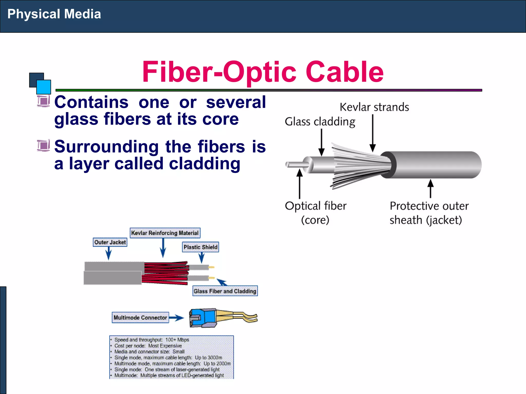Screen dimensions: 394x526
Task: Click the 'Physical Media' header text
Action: (54, 14)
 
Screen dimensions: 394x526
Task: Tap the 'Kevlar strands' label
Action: (374, 107)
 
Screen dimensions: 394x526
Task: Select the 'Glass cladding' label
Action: (320, 122)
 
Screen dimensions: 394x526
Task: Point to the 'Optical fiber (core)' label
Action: (315, 213)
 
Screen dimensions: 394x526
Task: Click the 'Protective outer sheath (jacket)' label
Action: (429, 213)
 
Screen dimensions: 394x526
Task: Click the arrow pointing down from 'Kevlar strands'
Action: (373, 133)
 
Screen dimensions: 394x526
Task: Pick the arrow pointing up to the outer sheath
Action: (430, 189)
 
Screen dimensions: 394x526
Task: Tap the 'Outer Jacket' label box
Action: (110, 242)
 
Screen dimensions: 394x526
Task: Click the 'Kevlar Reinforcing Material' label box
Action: (165, 233)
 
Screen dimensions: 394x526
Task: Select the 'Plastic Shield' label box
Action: (200, 247)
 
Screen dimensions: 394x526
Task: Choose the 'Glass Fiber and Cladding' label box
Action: (225, 291)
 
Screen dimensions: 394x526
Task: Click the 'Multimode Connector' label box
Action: (140, 318)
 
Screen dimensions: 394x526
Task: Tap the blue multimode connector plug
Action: (203, 318)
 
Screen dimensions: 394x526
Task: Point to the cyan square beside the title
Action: (44, 87)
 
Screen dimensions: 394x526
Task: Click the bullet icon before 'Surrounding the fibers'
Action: (43, 146)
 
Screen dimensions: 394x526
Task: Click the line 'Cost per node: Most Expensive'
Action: (148, 346)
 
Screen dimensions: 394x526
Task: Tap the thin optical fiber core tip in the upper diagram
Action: (293, 164)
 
